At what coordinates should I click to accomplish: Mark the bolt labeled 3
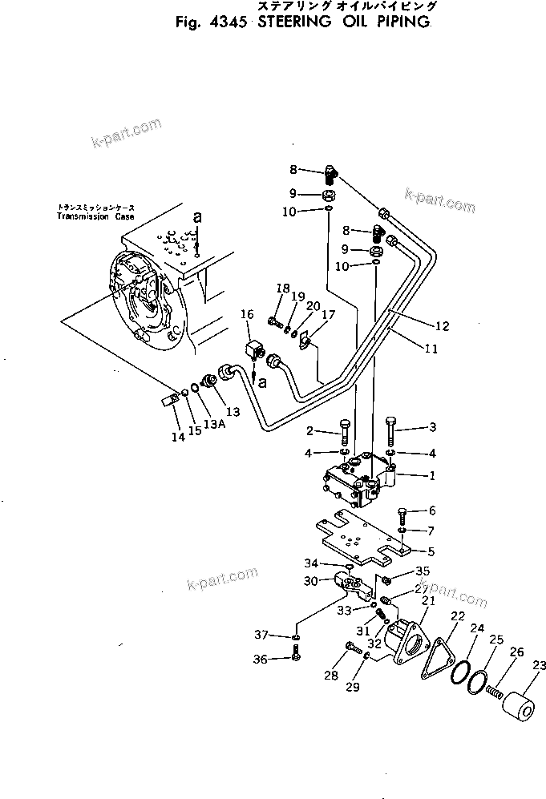click(390, 432)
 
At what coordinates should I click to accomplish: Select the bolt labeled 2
click(345, 433)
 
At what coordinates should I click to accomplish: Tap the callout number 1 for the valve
click(431, 475)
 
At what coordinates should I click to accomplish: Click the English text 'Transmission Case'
click(95, 216)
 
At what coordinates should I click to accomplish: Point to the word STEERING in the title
click(294, 22)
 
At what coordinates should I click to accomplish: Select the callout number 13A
click(213, 424)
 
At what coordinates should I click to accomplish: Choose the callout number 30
click(310, 581)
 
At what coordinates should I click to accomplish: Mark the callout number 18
click(281, 289)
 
